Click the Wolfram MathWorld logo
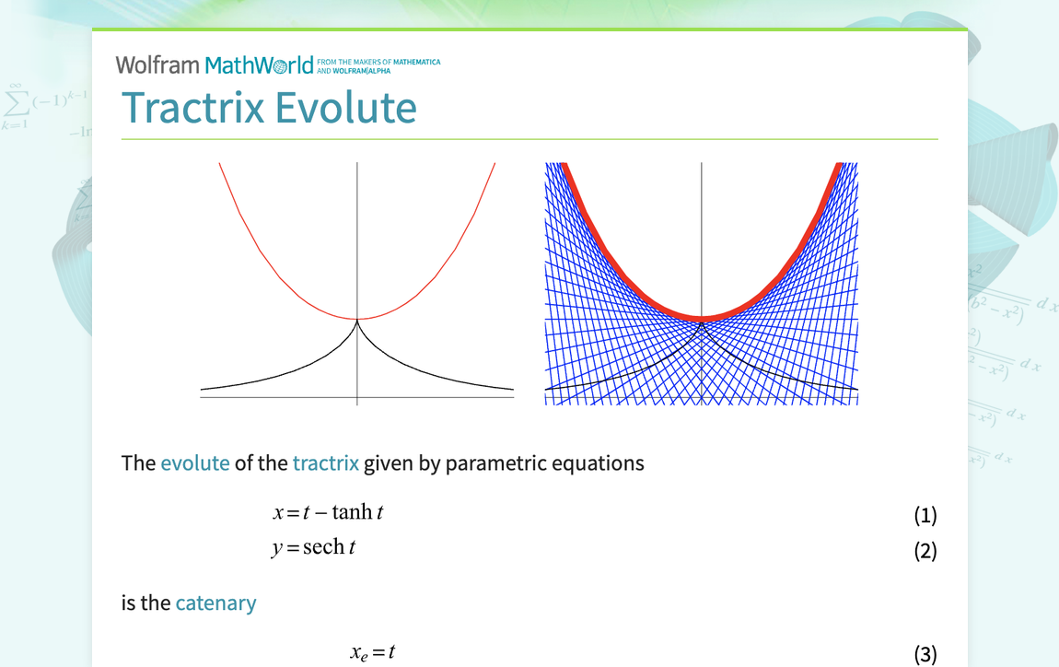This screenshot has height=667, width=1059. point(215,64)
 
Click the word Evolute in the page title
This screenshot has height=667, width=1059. point(346,108)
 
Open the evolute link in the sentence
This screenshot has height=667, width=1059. point(194,462)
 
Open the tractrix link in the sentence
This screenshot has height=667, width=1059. point(325,462)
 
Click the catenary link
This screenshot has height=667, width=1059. point(215,603)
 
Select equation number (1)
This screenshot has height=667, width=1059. point(925,515)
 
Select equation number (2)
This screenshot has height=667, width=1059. point(925,551)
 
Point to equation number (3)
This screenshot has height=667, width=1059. point(925,654)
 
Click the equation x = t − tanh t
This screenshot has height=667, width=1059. point(327,511)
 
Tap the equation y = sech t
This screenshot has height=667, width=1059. point(313,547)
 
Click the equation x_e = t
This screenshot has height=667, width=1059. point(372,652)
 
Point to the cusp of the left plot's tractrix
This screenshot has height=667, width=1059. point(357,321)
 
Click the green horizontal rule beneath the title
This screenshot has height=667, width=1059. point(529,139)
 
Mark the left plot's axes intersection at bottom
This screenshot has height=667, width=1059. point(357,397)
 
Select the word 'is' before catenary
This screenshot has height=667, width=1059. point(129,603)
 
